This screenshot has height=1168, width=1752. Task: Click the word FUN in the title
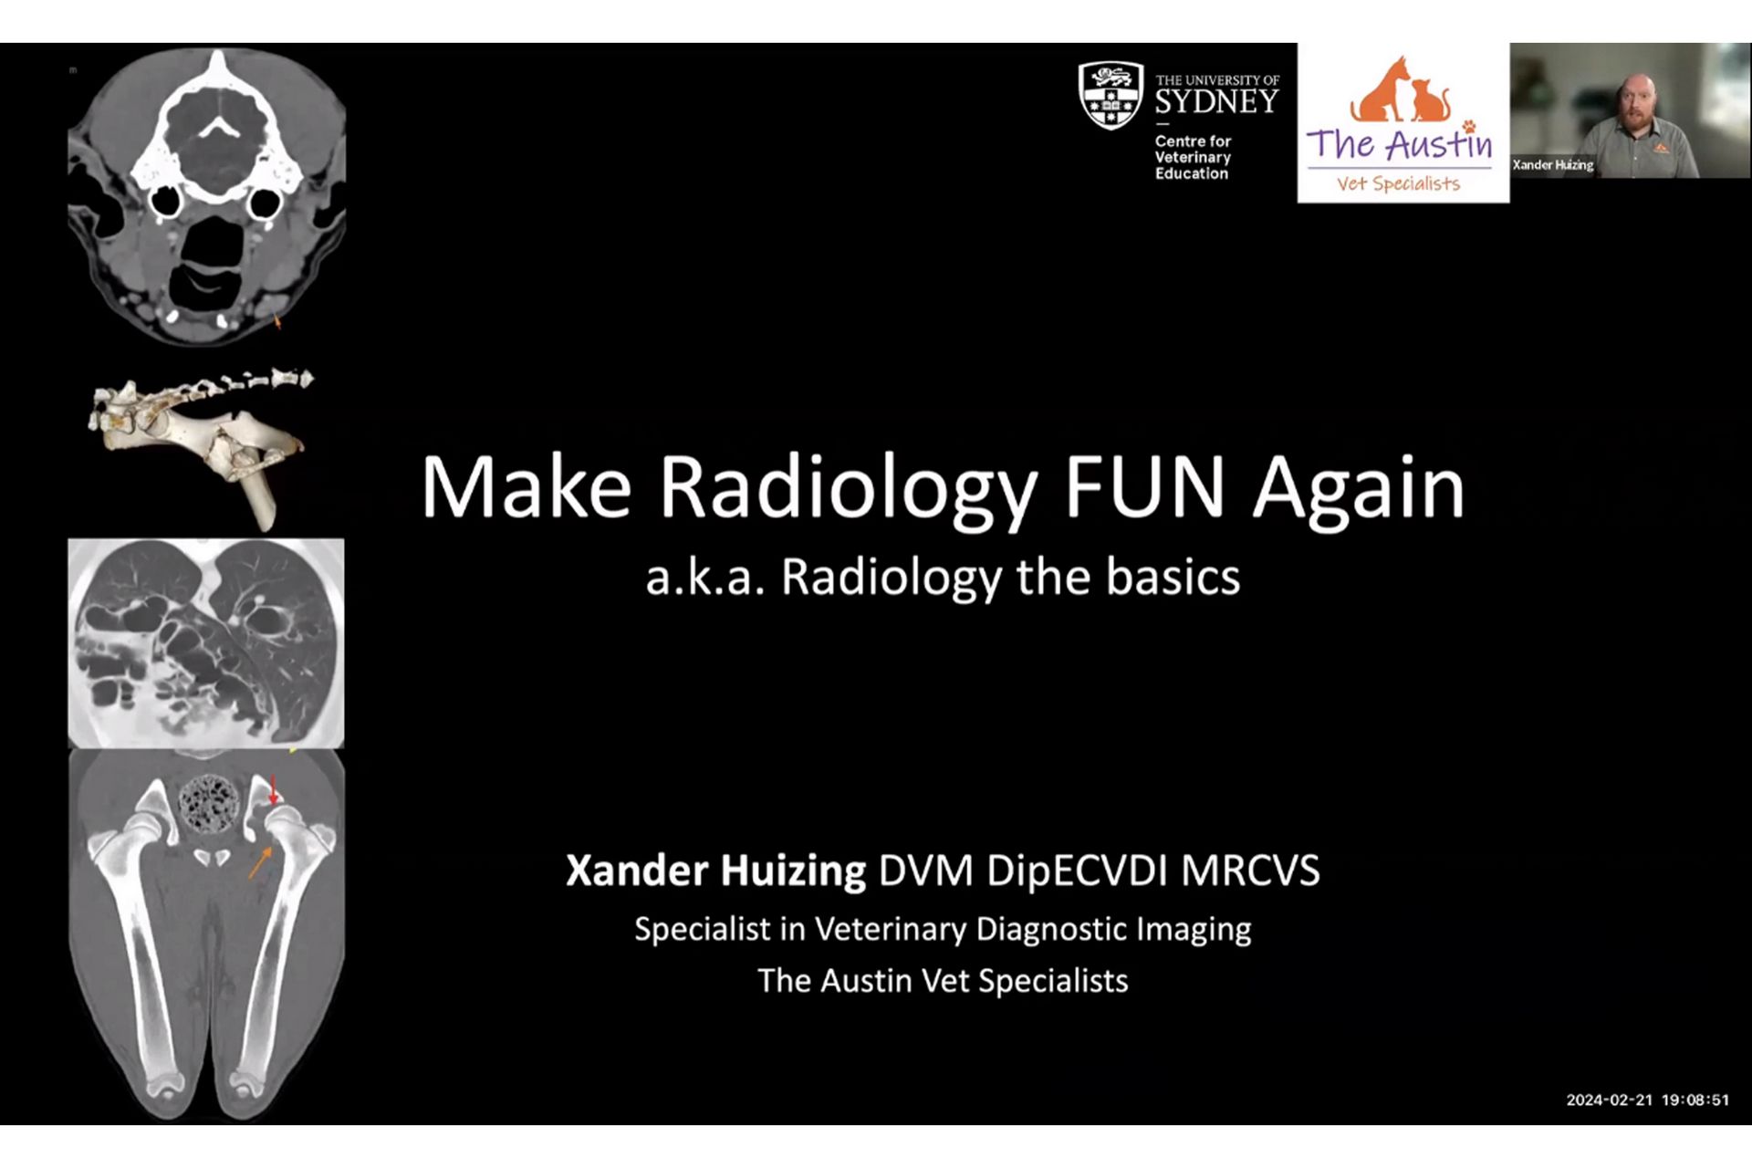[1144, 487]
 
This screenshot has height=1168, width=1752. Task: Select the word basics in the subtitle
[1173, 577]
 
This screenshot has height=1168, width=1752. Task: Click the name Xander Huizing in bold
[715, 871]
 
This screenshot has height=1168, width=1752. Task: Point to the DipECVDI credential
[1077, 871]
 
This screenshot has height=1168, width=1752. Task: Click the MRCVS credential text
[1250, 871]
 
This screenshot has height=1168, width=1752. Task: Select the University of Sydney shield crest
[1111, 95]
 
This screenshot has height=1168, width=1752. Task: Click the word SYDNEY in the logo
[1217, 101]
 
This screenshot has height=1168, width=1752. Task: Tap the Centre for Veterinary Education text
[1193, 157]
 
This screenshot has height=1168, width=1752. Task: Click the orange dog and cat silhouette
[1400, 91]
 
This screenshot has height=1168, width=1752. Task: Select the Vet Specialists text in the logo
[1398, 183]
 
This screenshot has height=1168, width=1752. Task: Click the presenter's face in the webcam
[1639, 102]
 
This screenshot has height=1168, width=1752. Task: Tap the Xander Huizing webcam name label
[1553, 165]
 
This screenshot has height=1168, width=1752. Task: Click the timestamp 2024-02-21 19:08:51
[1647, 1100]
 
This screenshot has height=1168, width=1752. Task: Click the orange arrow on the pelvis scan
[260, 862]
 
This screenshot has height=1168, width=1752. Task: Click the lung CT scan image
[206, 643]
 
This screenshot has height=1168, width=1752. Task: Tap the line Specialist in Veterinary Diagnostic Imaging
[943, 929]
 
